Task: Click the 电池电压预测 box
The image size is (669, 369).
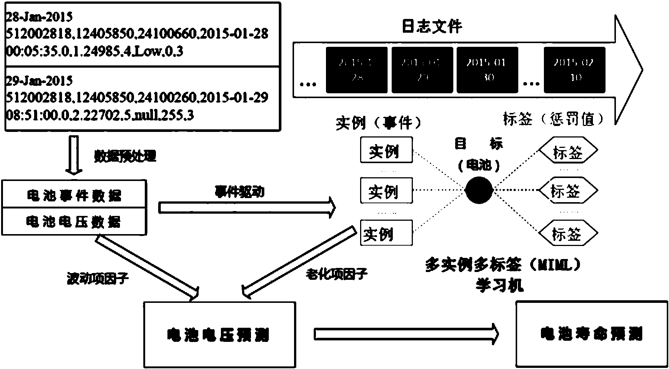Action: pos(219,334)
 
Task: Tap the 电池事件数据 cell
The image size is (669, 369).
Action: pos(74,195)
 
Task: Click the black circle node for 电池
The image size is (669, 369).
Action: pos(479,190)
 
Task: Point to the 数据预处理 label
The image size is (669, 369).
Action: pos(125,156)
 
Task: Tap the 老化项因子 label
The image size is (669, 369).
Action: pos(336,275)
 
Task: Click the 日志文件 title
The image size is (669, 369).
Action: pos(432,26)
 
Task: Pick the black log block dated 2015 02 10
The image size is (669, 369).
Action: pos(574,70)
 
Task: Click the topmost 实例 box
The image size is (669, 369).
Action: pos(386,150)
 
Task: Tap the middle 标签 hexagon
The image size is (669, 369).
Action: pos(568,191)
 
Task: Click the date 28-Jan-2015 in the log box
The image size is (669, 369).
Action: pos(39,17)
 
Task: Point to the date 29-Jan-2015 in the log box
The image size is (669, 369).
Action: pos(39,81)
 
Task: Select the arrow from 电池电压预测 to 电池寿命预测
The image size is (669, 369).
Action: pos(406,334)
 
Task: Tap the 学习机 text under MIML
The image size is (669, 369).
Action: pos(500,285)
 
